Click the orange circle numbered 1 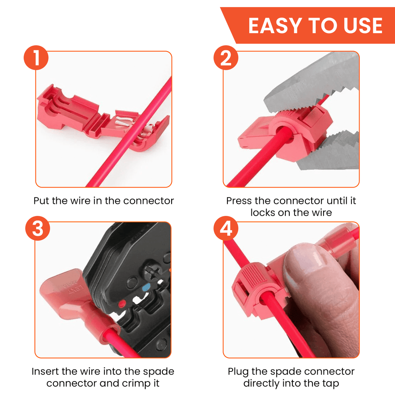(x=36, y=59)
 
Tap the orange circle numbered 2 (x=225, y=59)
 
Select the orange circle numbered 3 (x=37, y=230)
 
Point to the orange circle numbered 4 (x=225, y=230)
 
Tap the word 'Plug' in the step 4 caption (x=239, y=371)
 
